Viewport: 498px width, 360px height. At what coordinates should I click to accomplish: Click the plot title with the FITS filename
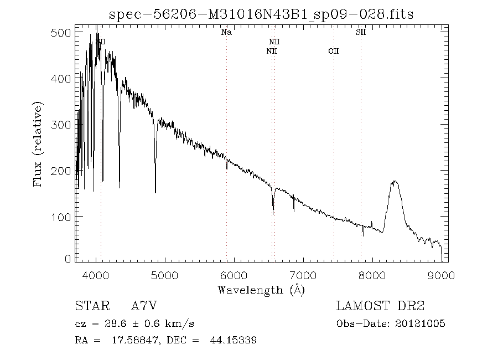tap(262, 14)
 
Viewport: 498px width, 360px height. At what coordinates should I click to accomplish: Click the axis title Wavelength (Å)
tap(261, 289)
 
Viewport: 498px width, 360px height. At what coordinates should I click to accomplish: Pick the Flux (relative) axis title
tap(38, 143)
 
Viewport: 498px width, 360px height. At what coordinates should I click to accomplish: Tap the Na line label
tap(226, 33)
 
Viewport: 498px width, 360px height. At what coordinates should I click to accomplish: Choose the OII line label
tap(333, 51)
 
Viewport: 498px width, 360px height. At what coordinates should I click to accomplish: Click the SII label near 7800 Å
tap(361, 33)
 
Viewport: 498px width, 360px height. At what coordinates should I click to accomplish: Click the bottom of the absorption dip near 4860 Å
tap(155, 192)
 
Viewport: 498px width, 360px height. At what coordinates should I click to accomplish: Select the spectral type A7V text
tap(146, 306)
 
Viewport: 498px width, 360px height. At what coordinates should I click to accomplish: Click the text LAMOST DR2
tap(380, 306)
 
